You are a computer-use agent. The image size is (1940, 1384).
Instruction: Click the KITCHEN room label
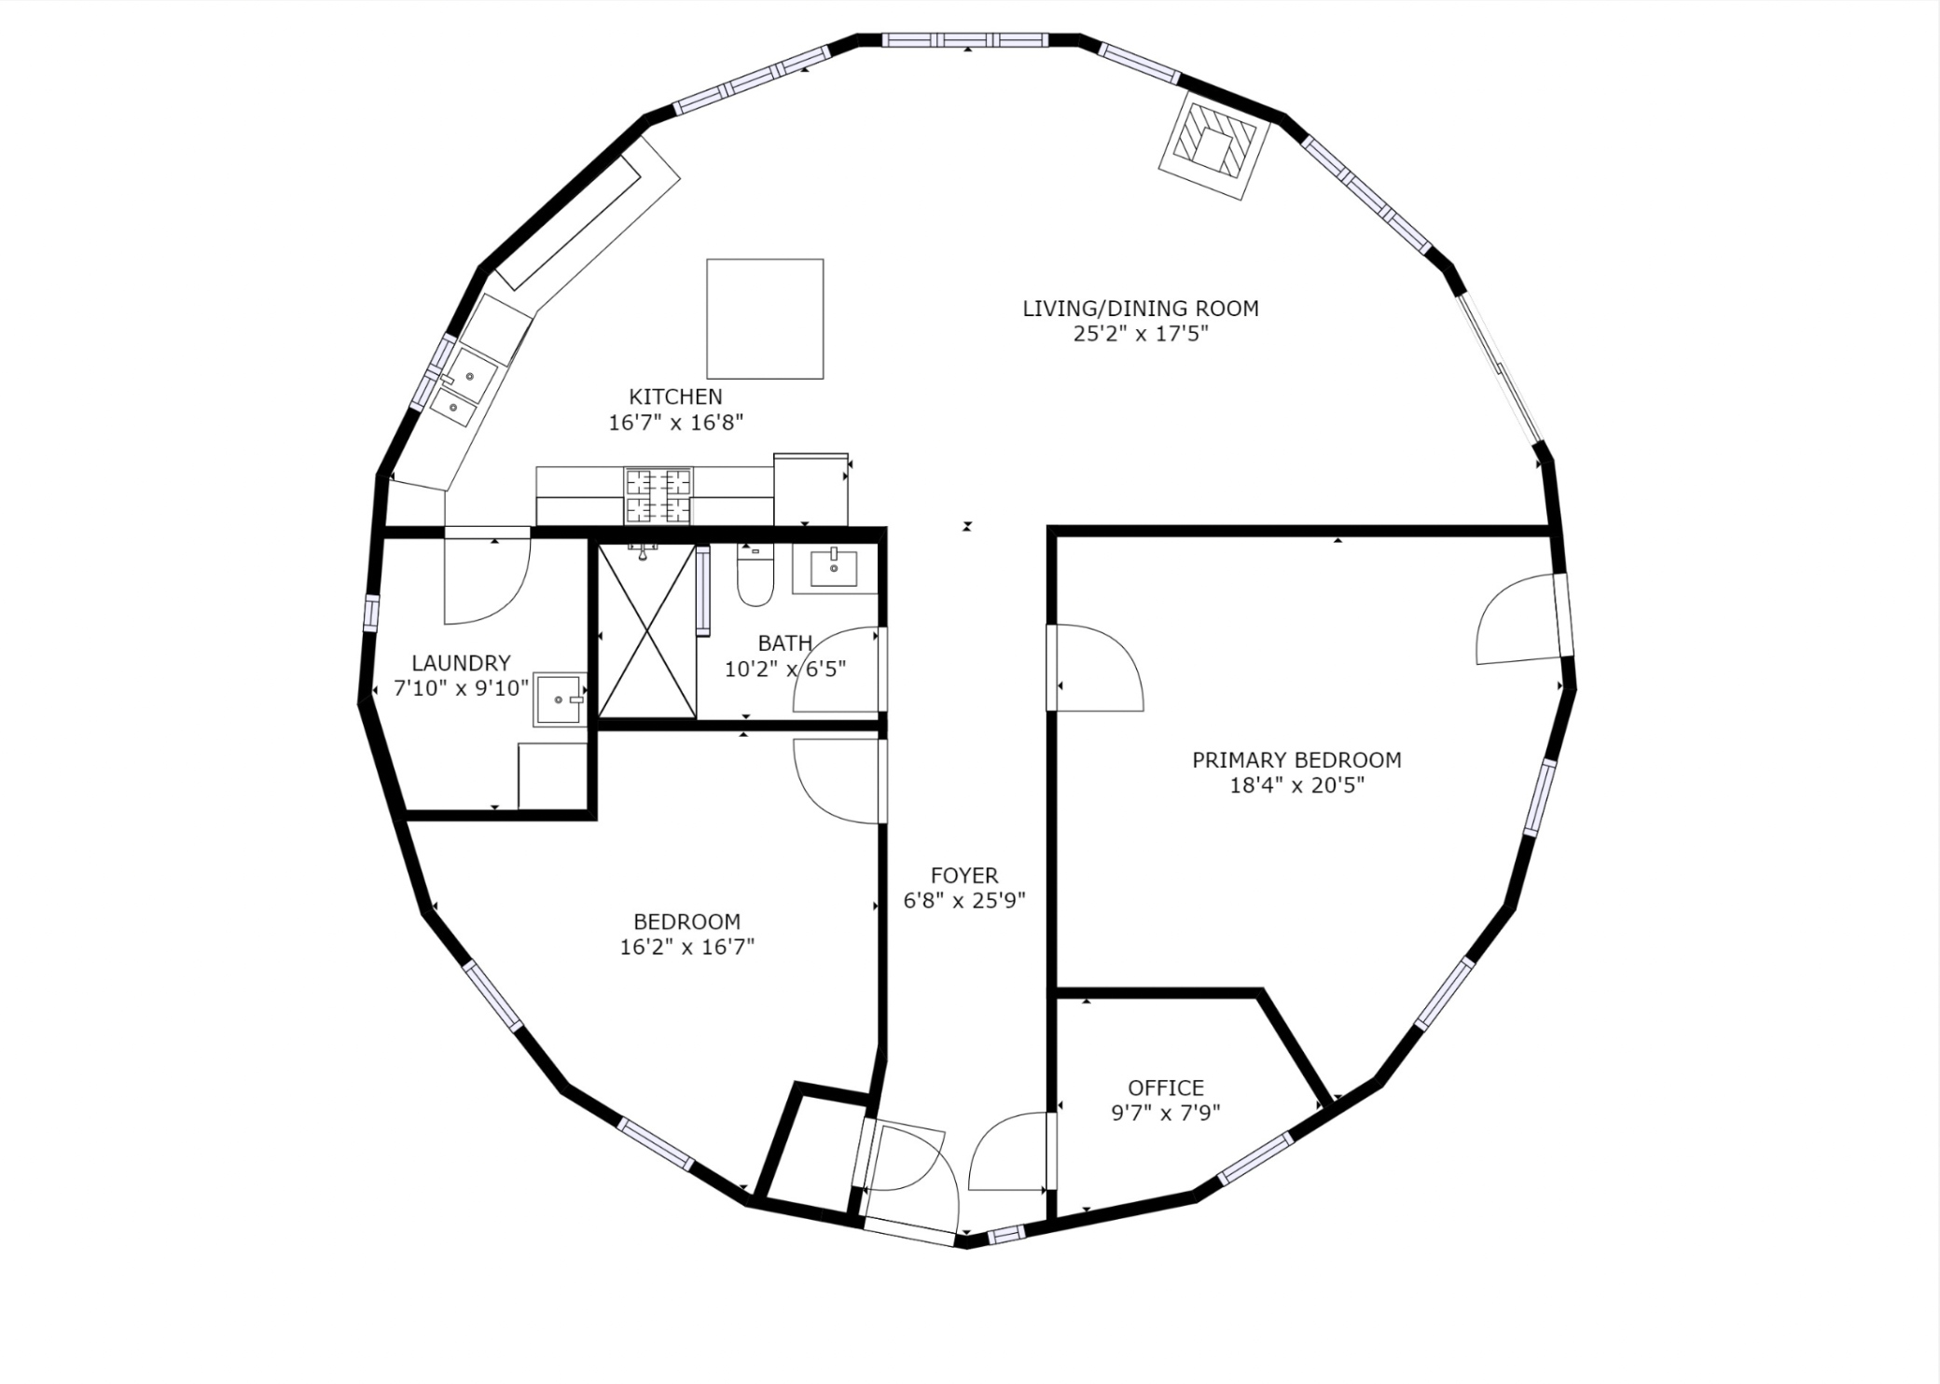pyautogui.click(x=675, y=396)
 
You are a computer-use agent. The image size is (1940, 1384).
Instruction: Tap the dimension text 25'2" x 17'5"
pyautogui.click(x=1140, y=334)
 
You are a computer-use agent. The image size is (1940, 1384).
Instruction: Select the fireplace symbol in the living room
pyautogui.click(x=1213, y=144)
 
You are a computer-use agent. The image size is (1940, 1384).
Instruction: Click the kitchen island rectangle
pyautogui.click(x=765, y=319)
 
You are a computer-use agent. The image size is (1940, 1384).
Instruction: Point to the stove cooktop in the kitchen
pyautogui.click(x=658, y=495)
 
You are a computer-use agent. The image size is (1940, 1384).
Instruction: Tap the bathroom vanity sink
pyautogui.click(x=834, y=568)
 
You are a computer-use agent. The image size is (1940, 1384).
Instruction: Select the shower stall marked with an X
pyautogui.click(x=646, y=631)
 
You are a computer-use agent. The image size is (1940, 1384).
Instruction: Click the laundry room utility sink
pyautogui.click(x=560, y=699)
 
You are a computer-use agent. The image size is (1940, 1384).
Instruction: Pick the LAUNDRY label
pyautogui.click(x=461, y=663)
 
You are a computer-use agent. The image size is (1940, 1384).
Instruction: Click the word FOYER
pyautogui.click(x=964, y=876)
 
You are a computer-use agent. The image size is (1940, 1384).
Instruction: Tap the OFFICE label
pyautogui.click(x=1166, y=1087)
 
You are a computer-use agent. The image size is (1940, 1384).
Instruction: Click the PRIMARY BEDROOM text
pyautogui.click(x=1296, y=760)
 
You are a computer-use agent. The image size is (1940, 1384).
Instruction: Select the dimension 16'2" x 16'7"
pyautogui.click(x=687, y=948)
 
